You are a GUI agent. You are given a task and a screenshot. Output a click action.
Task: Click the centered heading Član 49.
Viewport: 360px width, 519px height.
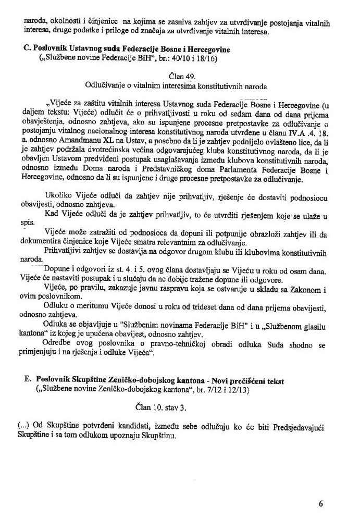[x=178, y=75]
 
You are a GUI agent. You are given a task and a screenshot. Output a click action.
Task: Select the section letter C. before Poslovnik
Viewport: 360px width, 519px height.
[x=28, y=48]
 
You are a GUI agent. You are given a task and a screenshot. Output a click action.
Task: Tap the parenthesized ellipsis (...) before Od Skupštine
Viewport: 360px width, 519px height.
[x=22, y=426]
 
